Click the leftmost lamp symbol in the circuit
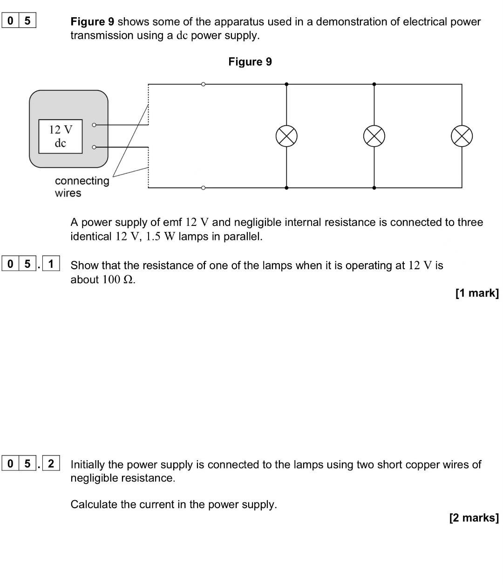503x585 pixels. (286, 136)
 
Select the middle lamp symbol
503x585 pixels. (374, 136)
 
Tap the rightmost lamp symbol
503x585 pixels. (462, 136)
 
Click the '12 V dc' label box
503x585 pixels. (61, 136)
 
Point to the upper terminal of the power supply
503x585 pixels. (94, 125)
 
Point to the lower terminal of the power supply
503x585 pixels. (94, 147)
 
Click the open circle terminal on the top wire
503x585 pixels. (203, 84)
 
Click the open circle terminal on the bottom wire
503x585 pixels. (203, 188)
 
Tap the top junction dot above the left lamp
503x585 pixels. (286, 84)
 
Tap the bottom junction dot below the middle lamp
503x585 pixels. (374, 188)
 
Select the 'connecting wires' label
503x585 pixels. (82, 187)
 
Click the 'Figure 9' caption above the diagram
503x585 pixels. (250, 62)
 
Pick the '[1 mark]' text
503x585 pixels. (477, 293)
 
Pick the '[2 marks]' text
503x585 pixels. (474, 518)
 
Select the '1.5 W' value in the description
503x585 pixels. (160, 237)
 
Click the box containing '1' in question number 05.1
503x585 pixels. (51, 264)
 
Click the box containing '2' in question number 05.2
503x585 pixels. (51, 463)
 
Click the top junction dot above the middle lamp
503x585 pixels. (374, 84)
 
